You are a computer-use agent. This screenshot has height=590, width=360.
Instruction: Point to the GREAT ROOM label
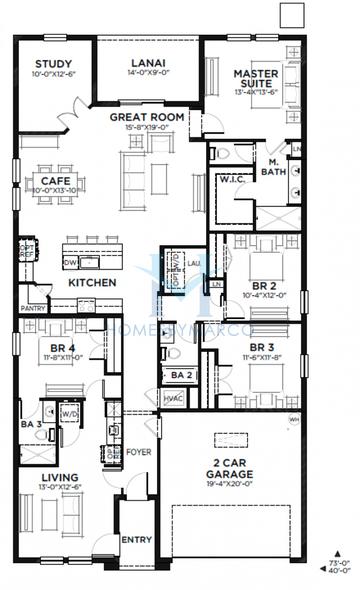[147, 117]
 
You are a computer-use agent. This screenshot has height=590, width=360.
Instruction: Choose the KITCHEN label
[93, 283]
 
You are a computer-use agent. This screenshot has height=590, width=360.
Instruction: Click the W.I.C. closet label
[232, 180]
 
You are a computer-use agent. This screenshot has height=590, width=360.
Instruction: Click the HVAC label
[174, 398]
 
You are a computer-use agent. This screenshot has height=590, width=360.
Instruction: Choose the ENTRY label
[137, 540]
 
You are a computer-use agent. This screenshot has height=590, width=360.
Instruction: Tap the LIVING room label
[59, 478]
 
